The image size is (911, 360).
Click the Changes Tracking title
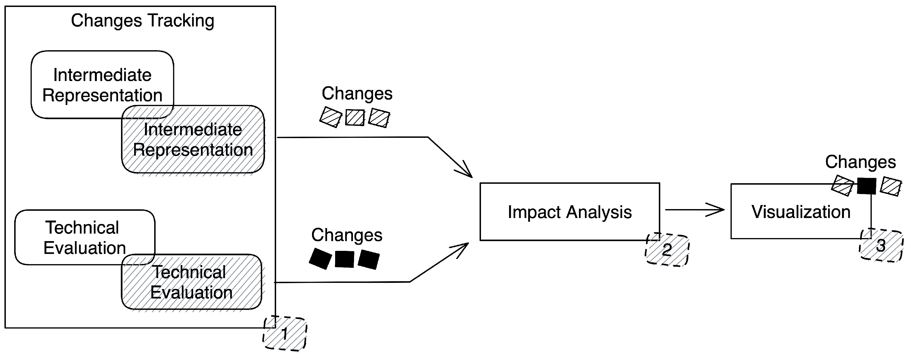coord(143,21)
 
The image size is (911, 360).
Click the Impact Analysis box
coord(569,212)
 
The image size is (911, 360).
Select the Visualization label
coord(801,212)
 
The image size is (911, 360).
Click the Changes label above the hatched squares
coord(357,93)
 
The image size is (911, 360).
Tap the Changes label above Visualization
coord(860,162)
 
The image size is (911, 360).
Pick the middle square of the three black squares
coord(345,259)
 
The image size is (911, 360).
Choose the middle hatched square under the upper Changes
coord(355,117)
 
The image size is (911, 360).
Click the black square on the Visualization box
coord(866,186)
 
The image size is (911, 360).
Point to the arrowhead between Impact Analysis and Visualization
coord(718,210)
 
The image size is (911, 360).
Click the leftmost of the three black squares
coord(320,258)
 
